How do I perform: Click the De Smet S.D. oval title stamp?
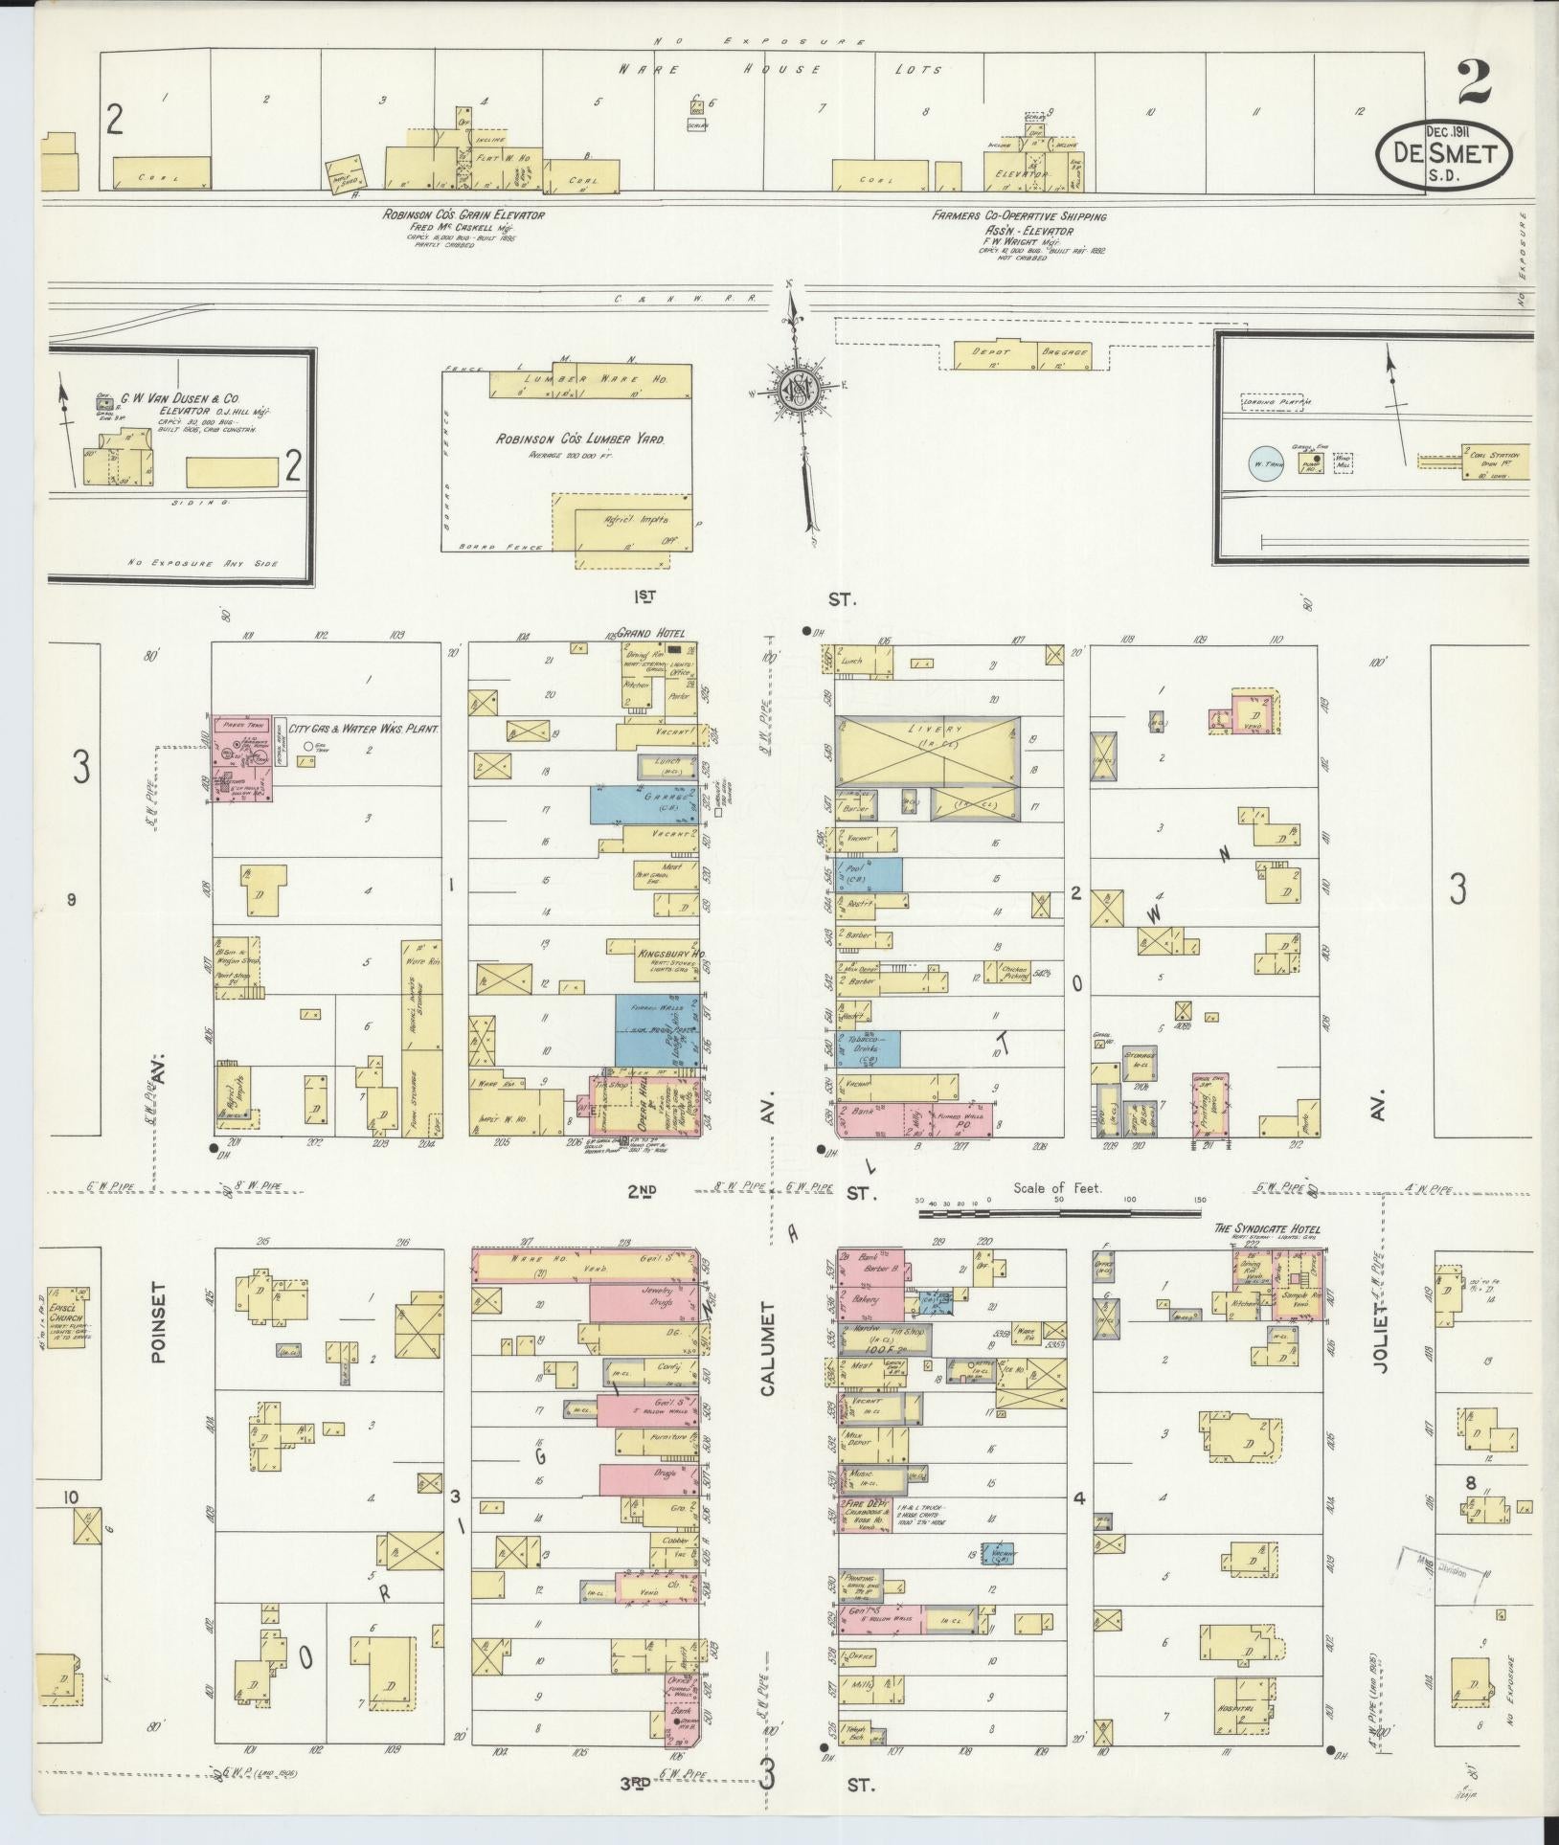1445,154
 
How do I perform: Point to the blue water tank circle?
1266,462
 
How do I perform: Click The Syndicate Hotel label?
1266,1229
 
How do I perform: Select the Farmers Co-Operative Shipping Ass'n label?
1019,216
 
